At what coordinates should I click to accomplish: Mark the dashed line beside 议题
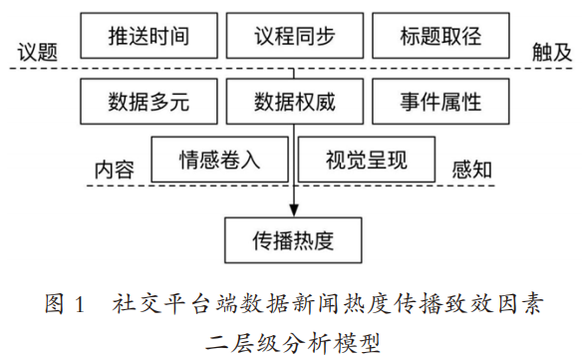point(45,69)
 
